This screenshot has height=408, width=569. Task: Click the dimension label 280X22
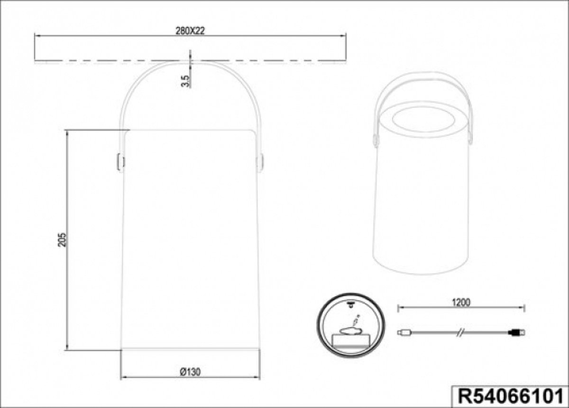coord(190,31)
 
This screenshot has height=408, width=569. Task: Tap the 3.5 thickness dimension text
coord(186,81)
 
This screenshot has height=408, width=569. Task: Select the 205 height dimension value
coord(62,239)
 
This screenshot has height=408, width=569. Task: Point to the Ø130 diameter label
coord(190,372)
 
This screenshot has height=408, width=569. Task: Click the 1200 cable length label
coord(461,303)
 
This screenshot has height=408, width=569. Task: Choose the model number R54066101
coord(511,396)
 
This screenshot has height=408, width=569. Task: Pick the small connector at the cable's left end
coord(404,332)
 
